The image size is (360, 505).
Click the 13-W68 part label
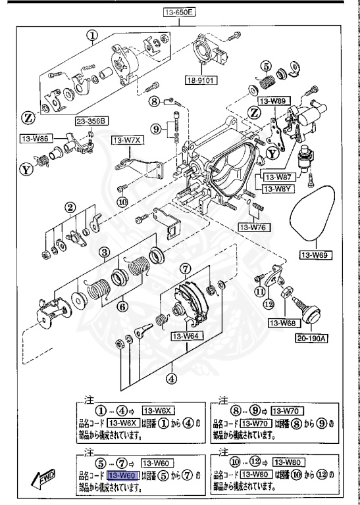283,323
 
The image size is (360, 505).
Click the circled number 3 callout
104,251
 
